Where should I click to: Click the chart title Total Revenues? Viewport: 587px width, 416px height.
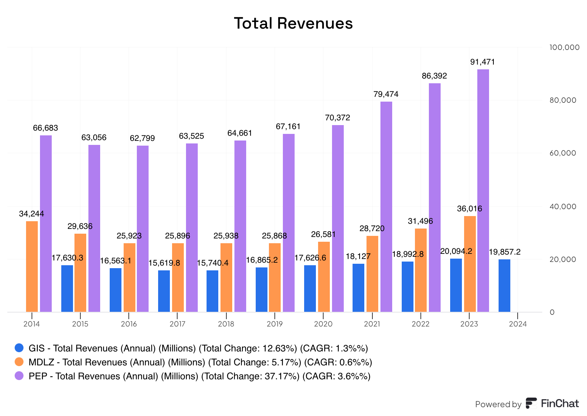pos(293,23)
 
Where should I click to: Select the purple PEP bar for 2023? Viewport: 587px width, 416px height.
pos(483,190)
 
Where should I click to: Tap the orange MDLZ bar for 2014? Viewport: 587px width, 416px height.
pos(32,266)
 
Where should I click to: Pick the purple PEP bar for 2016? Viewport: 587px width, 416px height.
pos(143,229)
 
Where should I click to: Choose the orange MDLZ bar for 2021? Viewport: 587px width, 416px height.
pos(372,274)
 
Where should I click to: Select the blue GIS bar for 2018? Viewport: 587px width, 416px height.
pos(212,291)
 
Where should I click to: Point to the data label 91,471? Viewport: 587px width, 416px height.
pos(482,62)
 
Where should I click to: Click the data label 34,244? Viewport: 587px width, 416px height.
pos(32,214)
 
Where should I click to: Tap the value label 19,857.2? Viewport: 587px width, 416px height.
pos(504,252)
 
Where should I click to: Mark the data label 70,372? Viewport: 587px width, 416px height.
pos(338,118)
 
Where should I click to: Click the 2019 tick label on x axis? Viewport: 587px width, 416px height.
pos(274,324)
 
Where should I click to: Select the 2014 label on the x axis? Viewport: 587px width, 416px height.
pos(32,324)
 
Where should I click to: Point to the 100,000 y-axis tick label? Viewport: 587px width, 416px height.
pos(564,47)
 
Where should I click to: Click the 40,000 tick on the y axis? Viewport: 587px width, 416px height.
pos(563,207)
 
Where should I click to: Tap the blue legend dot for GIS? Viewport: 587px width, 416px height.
pos(19,348)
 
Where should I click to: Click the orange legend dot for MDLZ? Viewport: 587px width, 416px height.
pos(19,362)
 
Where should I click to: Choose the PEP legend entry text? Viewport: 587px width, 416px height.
pos(199,376)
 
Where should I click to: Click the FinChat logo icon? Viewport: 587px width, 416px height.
pos(531,403)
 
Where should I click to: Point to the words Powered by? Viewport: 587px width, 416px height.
pos(498,404)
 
